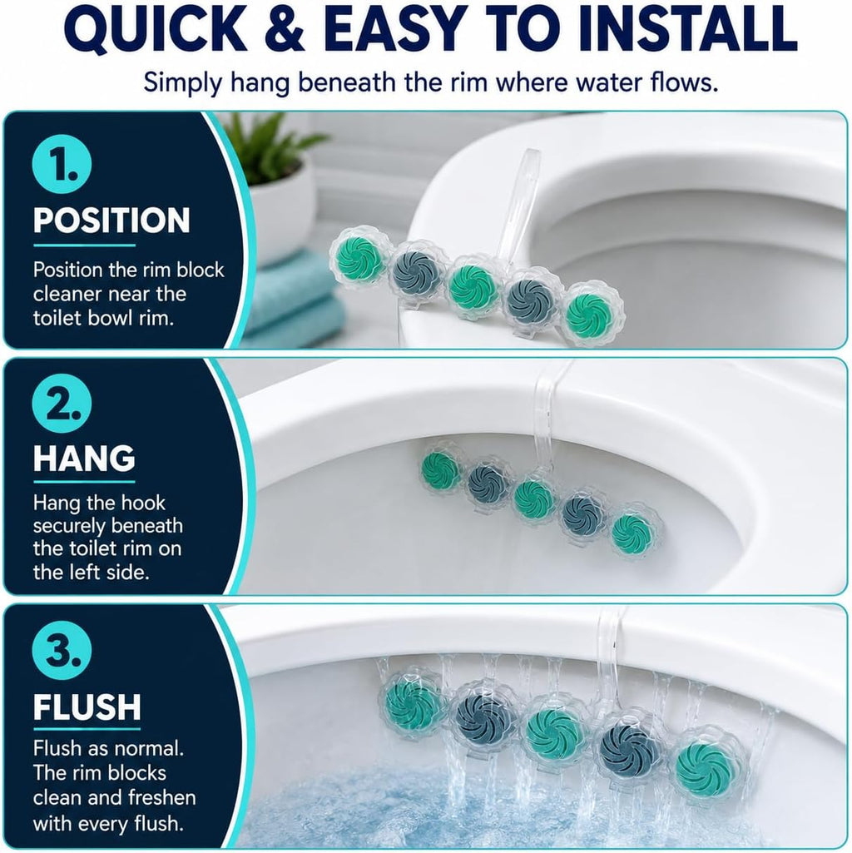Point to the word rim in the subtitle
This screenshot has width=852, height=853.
[x=465, y=82]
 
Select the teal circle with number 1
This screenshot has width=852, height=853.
[x=62, y=164]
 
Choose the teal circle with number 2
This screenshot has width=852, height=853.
[x=62, y=403]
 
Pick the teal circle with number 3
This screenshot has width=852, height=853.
[x=62, y=650]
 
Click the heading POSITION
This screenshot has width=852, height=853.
[x=111, y=221]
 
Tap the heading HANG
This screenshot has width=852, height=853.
[x=84, y=458]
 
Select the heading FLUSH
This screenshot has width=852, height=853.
[x=87, y=707]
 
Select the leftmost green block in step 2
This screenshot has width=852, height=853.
[x=441, y=469]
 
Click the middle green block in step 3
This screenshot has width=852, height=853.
[x=554, y=728]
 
